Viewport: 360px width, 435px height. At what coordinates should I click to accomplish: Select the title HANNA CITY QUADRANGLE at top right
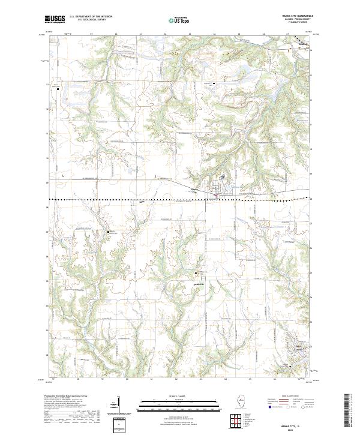[293, 16]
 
